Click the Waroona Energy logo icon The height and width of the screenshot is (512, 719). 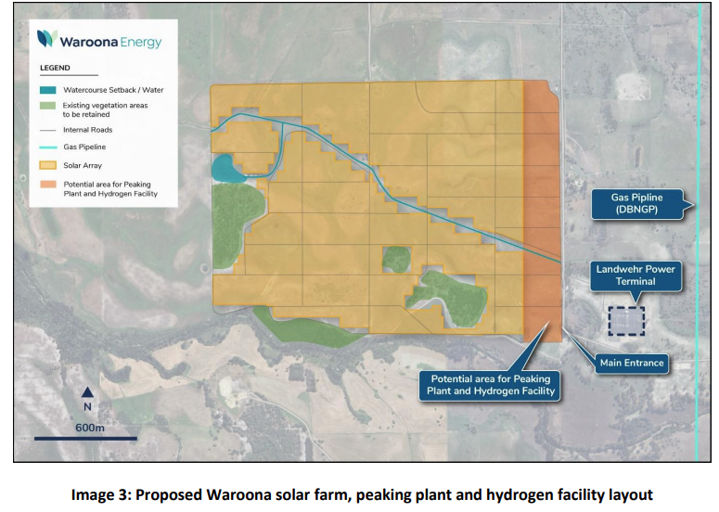point(47,39)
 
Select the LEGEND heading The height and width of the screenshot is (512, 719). point(55,69)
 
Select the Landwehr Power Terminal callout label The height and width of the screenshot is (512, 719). point(636,275)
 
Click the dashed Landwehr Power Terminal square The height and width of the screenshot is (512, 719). point(626,320)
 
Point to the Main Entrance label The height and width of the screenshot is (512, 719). point(631,363)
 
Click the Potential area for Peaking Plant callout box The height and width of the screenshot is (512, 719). point(489,385)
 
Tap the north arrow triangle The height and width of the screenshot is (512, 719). point(86,391)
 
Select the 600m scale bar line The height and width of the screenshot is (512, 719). point(85,438)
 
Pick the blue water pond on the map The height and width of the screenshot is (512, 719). point(225,168)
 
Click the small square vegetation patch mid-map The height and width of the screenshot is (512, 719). point(396,259)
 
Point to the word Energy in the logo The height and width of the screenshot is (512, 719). point(139,41)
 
